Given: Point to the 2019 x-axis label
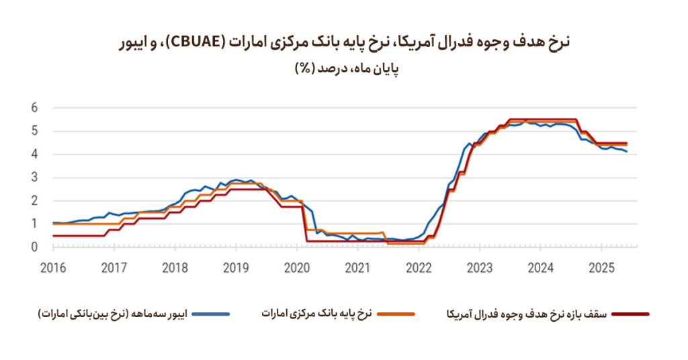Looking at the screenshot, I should click(235, 269).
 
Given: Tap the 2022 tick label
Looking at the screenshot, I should click(419, 269).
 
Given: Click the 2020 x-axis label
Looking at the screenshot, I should click(296, 269).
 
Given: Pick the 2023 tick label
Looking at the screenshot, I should click(480, 269).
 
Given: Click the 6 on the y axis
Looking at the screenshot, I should click(35, 107).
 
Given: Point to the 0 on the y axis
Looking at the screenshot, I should click(35, 247).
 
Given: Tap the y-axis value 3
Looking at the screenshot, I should click(35, 177).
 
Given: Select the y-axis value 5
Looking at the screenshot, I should click(35, 131).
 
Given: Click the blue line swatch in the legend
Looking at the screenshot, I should click(211, 314).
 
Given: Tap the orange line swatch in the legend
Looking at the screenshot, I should click(397, 314).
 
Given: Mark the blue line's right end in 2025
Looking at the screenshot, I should click(628, 152).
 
